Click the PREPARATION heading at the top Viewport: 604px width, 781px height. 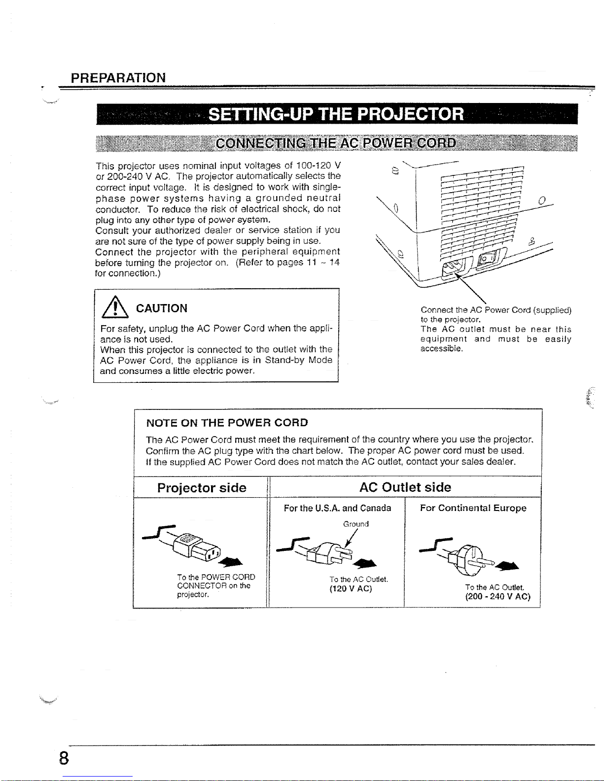tap(118, 78)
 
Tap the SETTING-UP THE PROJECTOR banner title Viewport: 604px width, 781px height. tap(336, 114)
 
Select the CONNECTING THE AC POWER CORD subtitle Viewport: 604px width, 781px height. tap(336, 143)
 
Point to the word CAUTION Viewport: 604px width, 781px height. tap(162, 308)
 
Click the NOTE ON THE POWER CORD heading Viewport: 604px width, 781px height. tap(227, 423)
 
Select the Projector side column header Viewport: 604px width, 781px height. tap(202, 488)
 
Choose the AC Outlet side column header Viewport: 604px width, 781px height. tap(405, 487)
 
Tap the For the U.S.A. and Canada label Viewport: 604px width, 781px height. tap(337, 508)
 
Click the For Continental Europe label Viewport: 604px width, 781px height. tap(473, 508)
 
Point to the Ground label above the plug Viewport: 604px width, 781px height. tap(355, 524)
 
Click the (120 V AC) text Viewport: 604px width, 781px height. tap(351, 589)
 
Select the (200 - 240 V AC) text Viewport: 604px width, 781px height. tap(497, 597)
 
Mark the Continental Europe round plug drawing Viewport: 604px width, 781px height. tap(466, 557)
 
